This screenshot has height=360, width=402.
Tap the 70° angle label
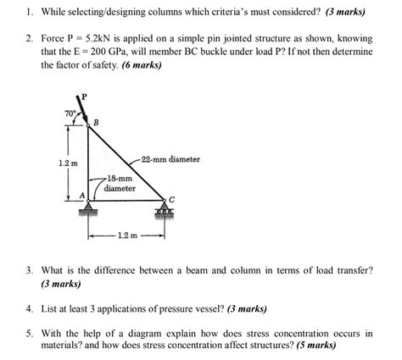click(70, 113)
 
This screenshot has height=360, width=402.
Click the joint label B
click(95, 124)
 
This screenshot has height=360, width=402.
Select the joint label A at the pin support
click(81, 196)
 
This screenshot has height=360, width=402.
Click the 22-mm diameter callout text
click(173, 159)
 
